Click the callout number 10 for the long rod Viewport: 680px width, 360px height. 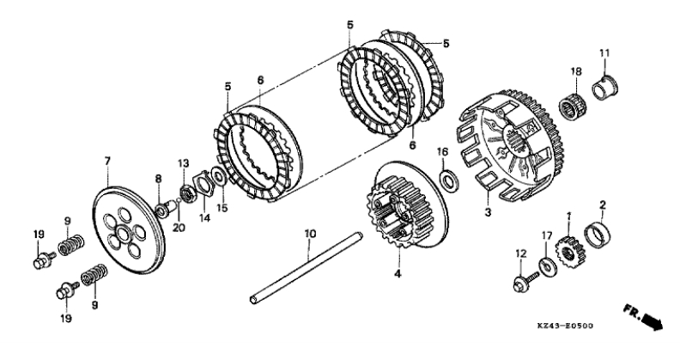310,235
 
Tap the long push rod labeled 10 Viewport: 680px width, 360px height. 307,267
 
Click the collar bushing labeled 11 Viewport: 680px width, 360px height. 605,87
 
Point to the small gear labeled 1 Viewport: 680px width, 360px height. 569,251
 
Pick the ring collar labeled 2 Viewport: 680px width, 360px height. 598,235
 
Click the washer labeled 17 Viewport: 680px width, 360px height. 547,266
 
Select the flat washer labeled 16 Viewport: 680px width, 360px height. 447,180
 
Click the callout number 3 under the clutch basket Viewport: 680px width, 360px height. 488,213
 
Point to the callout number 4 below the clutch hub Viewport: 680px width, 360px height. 398,274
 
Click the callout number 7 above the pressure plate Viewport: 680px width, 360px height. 107,161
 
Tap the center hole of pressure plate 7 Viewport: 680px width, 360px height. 124,235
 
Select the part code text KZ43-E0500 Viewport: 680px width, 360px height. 565,326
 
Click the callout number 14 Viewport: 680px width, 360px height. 204,218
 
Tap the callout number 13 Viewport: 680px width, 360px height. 183,163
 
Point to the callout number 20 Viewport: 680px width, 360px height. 179,228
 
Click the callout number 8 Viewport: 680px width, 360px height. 158,178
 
